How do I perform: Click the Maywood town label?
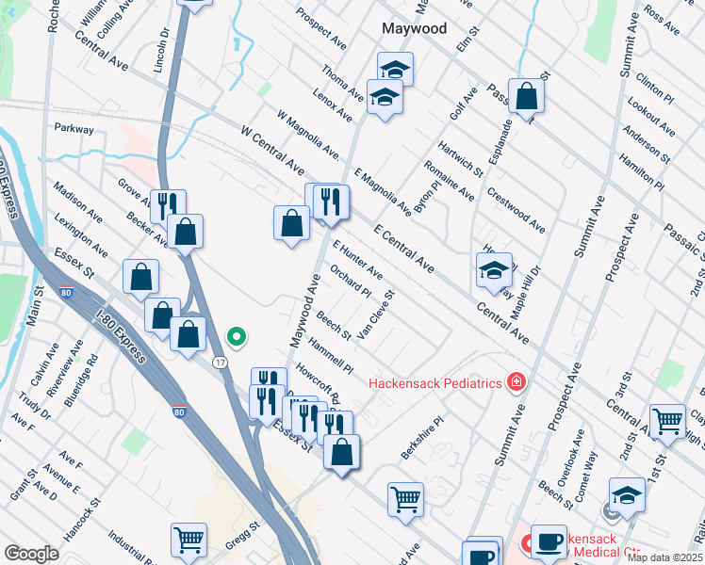pos(414,28)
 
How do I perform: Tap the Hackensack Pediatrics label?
pos(433,382)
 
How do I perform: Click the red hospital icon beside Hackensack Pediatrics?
pos(516,381)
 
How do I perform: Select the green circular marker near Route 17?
pos(238,335)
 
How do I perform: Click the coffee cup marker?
pos(549,541)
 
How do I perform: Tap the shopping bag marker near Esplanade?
pos(527,96)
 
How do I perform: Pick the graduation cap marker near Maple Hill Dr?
pos(494,270)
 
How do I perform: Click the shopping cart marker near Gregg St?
pos(189,541)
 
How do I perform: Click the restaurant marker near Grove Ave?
pos(168,205)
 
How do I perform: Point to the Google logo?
pos(31,553)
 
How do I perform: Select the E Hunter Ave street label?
pos(357,259)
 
